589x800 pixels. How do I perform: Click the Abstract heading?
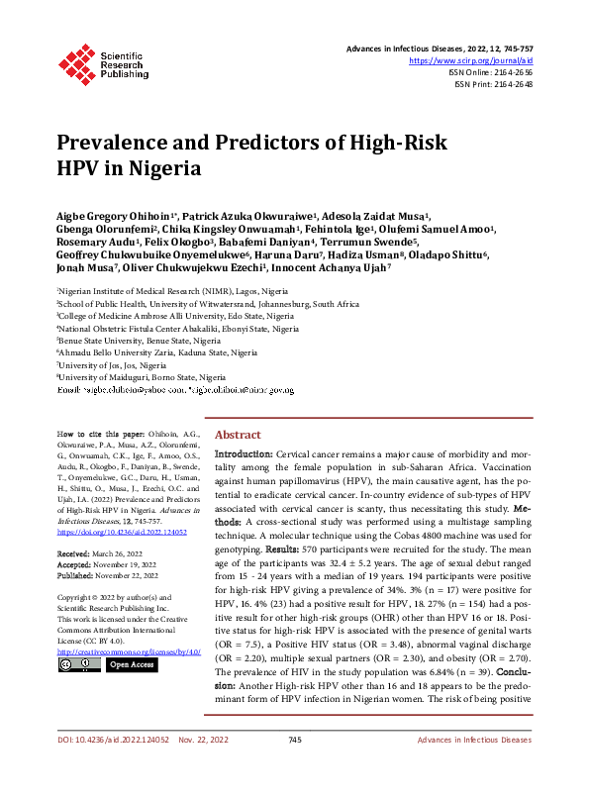tap(238, 435)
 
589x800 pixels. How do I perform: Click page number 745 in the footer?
tap(294, 768)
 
